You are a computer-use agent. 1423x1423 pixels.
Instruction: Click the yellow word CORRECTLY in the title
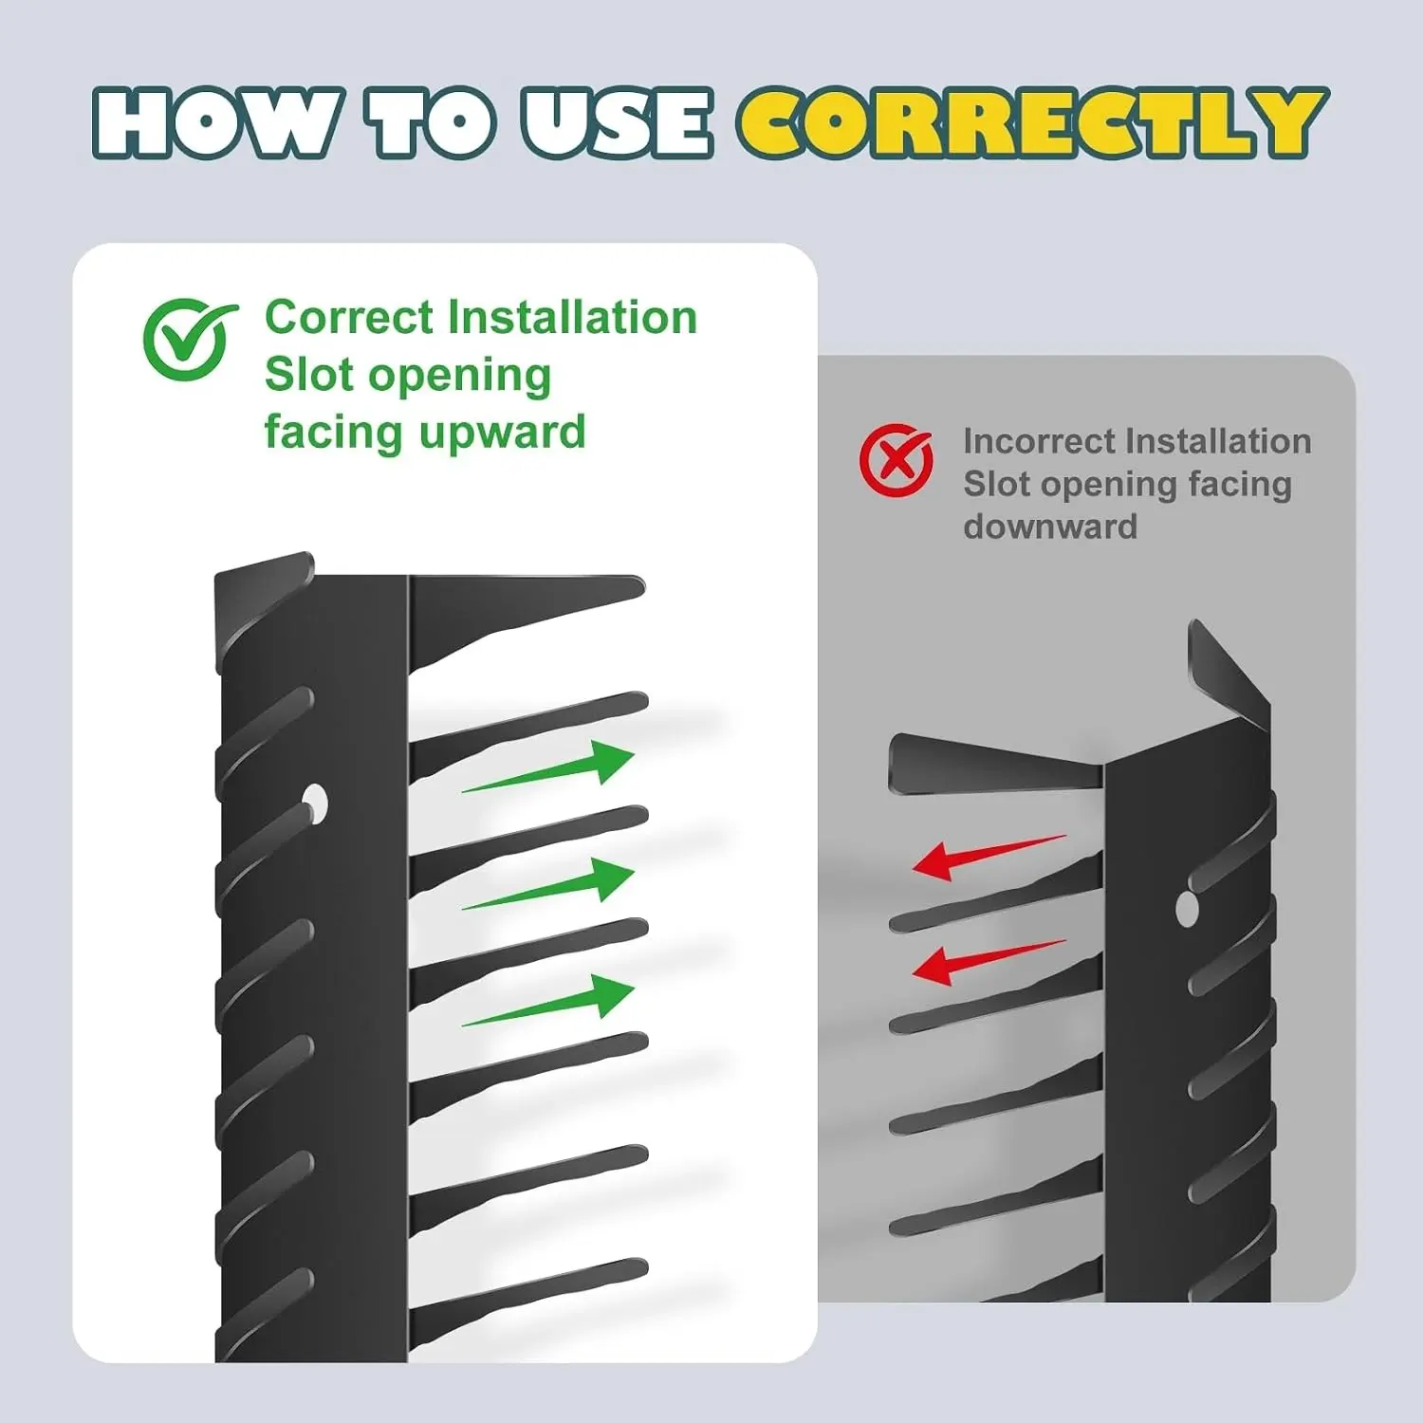1033,122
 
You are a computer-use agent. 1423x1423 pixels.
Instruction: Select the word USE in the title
616,122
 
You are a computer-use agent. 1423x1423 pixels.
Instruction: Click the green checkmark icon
189,339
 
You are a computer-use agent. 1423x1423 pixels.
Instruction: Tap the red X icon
896,460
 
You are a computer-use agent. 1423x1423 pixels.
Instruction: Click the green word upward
503,434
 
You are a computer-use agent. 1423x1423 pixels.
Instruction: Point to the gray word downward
1050,527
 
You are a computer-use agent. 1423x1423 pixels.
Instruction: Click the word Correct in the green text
349,317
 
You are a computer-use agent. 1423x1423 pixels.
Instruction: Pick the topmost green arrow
548,766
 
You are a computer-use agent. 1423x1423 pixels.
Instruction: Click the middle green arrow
548,883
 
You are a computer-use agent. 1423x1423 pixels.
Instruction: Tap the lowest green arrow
548,1000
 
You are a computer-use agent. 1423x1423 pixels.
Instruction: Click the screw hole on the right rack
1187,908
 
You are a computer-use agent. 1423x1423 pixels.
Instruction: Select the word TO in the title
434,122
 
